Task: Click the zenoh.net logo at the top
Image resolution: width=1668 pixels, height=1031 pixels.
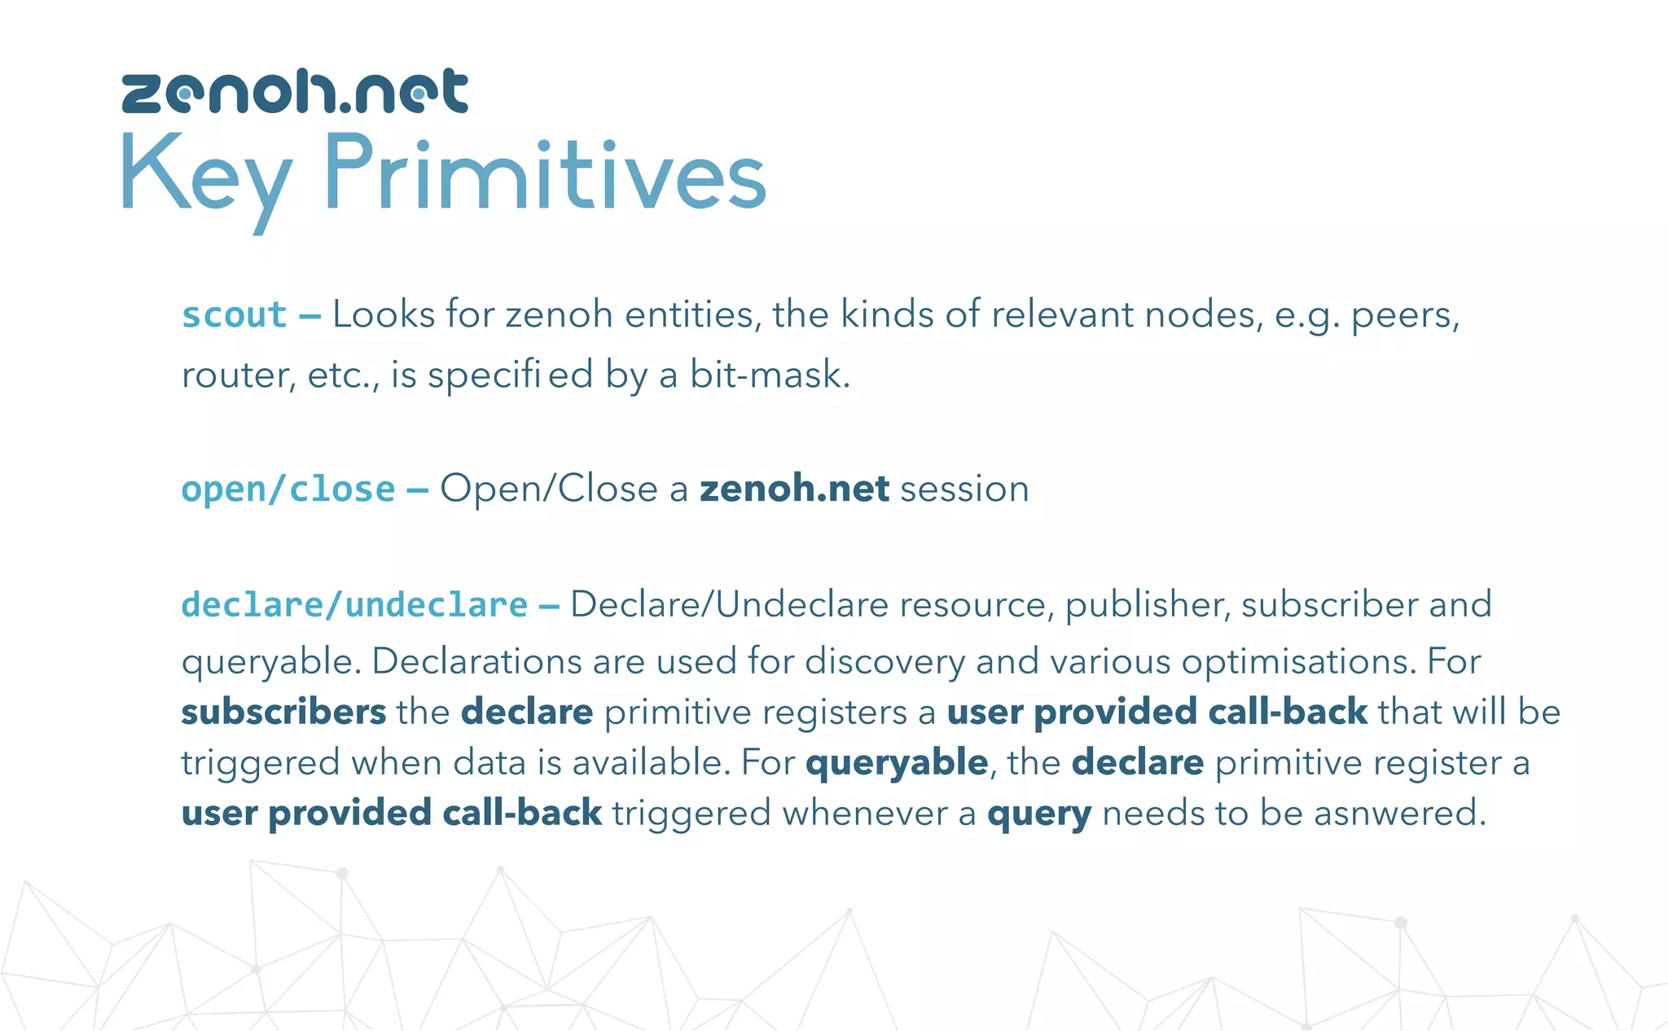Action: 295,91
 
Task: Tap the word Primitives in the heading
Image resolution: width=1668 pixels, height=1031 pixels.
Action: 544,174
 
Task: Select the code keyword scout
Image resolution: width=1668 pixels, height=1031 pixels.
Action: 234,315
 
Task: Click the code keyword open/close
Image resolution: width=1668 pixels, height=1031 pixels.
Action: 288,489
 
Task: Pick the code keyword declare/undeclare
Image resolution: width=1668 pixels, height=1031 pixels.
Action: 354,605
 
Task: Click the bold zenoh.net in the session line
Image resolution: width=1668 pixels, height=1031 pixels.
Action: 794,489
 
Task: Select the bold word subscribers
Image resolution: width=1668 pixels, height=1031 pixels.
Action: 283,712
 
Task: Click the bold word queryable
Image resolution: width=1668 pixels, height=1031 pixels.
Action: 897,763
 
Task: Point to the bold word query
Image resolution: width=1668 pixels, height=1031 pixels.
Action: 1038,814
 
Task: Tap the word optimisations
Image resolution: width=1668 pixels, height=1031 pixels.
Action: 1298,660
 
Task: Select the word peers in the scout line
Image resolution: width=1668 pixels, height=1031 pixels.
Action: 1403,315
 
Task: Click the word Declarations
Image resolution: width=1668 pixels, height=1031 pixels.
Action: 478,660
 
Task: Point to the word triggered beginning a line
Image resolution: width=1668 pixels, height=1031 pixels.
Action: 260,763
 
